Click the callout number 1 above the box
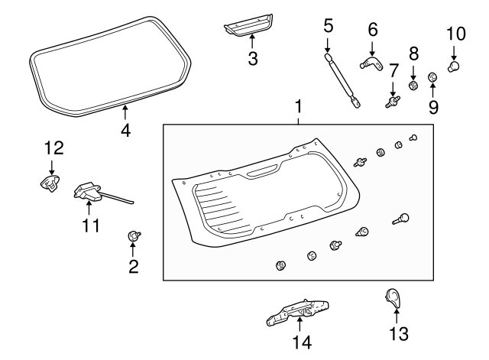click(299, 105)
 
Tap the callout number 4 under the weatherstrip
click(126, 131)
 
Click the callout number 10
click(455, 34)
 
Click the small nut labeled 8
click(413, 86)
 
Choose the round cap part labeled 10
click(455, 66)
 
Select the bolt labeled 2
click(133, 236)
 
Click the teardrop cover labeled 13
click(393, 298)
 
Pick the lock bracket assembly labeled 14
click(299, 313)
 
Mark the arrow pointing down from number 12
click(51, 165)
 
